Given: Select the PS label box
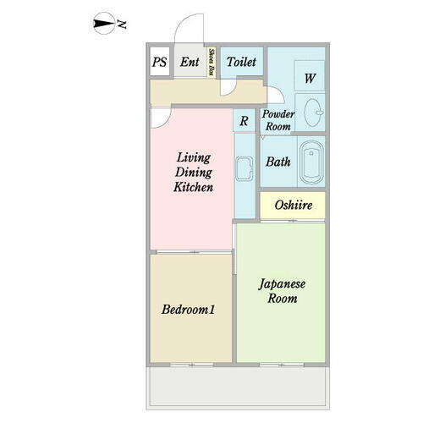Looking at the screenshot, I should tap(159, 62).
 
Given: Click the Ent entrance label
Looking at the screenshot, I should tap(190, 62).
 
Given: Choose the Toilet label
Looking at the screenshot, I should tap(241, 62).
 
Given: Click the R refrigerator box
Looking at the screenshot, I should tap(244, 120).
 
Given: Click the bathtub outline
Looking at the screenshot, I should tap(311, 162).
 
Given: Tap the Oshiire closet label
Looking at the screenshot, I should tap(292, 206).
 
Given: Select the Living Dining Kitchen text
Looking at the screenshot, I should tap(193, 172).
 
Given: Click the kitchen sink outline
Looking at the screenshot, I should tap(245, 173).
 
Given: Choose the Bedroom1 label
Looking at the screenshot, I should tap(189, 310).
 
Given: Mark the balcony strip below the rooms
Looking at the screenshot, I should tap(238, 386).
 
